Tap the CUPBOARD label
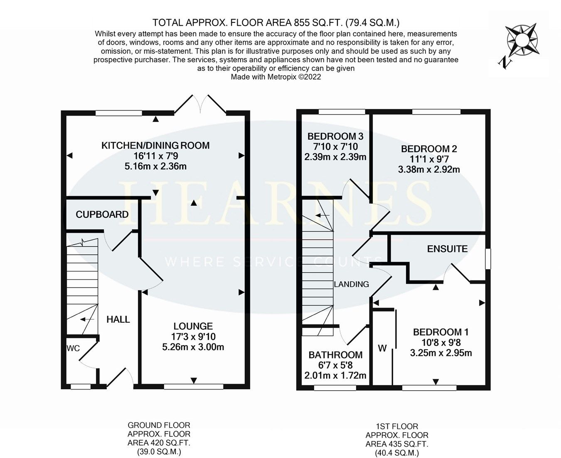102,214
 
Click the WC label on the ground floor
73,348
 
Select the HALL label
118,319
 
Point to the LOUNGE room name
193,326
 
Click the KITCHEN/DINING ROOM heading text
155,145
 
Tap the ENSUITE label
447,249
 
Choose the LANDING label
352,284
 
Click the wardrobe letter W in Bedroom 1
382,348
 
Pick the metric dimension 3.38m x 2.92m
429,169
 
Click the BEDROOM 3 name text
335,136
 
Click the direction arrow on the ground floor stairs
86,319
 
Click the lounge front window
193,387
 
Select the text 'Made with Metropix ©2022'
276,77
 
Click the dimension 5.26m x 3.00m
193,347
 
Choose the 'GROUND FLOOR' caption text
159,425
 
